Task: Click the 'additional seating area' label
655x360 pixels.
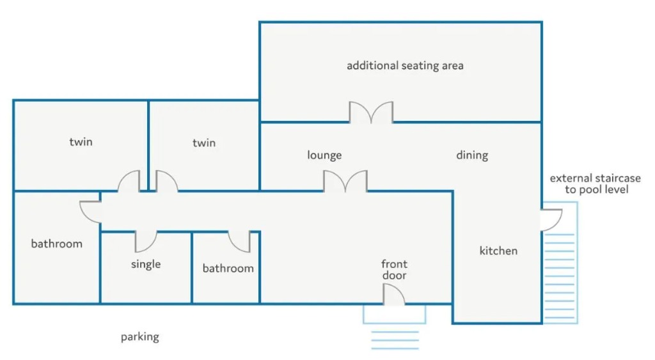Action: click(x=405, y=66)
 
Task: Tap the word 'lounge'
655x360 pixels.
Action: click(x=324, y=155)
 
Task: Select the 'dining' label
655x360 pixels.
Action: click(x=472, y=155)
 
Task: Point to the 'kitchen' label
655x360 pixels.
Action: click(x=498, y=251)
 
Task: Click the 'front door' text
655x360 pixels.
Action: click(x=394, y=269)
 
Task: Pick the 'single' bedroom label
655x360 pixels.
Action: click(x=146, y=264)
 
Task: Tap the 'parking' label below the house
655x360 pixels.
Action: click(x=140, y=337)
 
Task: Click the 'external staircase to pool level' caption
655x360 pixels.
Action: click(x=596, y=184)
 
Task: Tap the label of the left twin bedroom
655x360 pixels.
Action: click(x=81, y=142)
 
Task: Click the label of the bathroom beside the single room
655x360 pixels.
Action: click(x=228, y=268)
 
